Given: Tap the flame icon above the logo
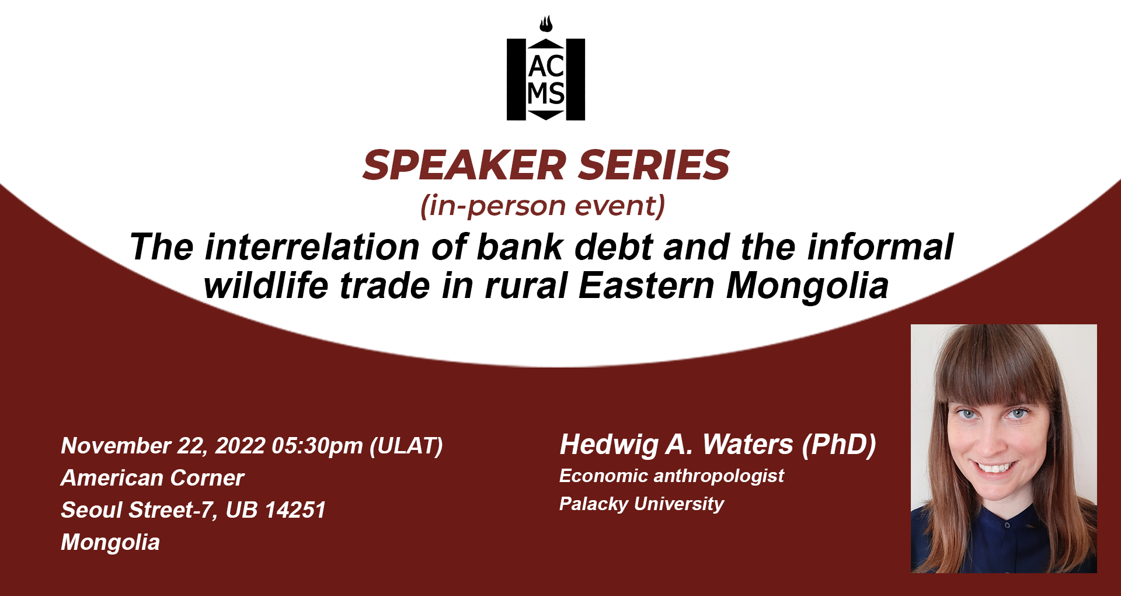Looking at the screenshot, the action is (x=546, y=24).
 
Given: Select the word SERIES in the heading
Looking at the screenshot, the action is (x=654, y=165).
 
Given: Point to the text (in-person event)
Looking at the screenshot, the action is (x=543, y=206).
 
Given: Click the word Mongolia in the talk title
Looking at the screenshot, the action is (x=807, y=287).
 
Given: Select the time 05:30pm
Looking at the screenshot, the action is (x=318, y=446).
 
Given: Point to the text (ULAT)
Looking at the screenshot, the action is (x=406, y=446).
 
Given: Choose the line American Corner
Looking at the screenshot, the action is (x=152, y=478).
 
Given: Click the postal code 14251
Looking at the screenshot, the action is (x=295, y=510).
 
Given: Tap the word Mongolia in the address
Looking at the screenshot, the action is (x=110, y=543).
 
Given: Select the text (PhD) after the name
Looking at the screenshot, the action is (x=839, y=445).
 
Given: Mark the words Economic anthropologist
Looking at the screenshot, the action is (x=671, y=476).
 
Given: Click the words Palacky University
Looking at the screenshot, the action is (x=642, y=504).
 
